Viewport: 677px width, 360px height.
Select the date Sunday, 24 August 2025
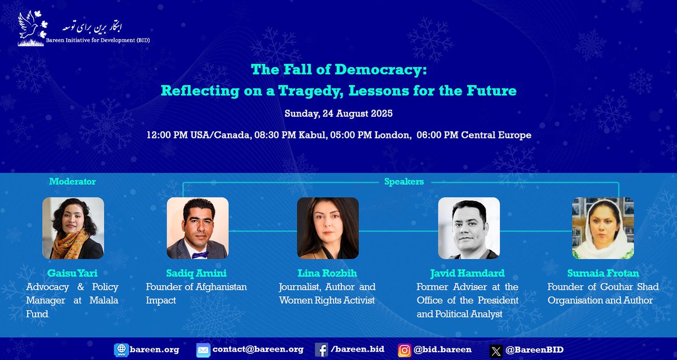[338, 113]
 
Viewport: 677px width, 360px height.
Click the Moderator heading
[72, 182]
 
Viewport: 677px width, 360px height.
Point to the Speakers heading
[403, 182]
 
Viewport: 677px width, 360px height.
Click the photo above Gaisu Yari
[73, 228]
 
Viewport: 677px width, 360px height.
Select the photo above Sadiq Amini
[197, 228]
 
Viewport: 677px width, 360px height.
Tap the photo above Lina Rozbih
[328, 228]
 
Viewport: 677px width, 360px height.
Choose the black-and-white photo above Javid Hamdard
[469, 228]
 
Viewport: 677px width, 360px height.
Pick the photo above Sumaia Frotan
[603, 228]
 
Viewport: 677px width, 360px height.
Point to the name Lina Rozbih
[328, 273]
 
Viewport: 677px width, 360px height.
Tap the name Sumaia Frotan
[603, 273]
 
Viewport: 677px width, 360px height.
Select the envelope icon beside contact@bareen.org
[203, 350]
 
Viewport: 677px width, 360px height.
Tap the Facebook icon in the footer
[322, 350]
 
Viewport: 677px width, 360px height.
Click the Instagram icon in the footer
[405, 350]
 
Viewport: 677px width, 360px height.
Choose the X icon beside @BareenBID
[495, 350]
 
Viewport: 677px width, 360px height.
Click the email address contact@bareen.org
[258, 350]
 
